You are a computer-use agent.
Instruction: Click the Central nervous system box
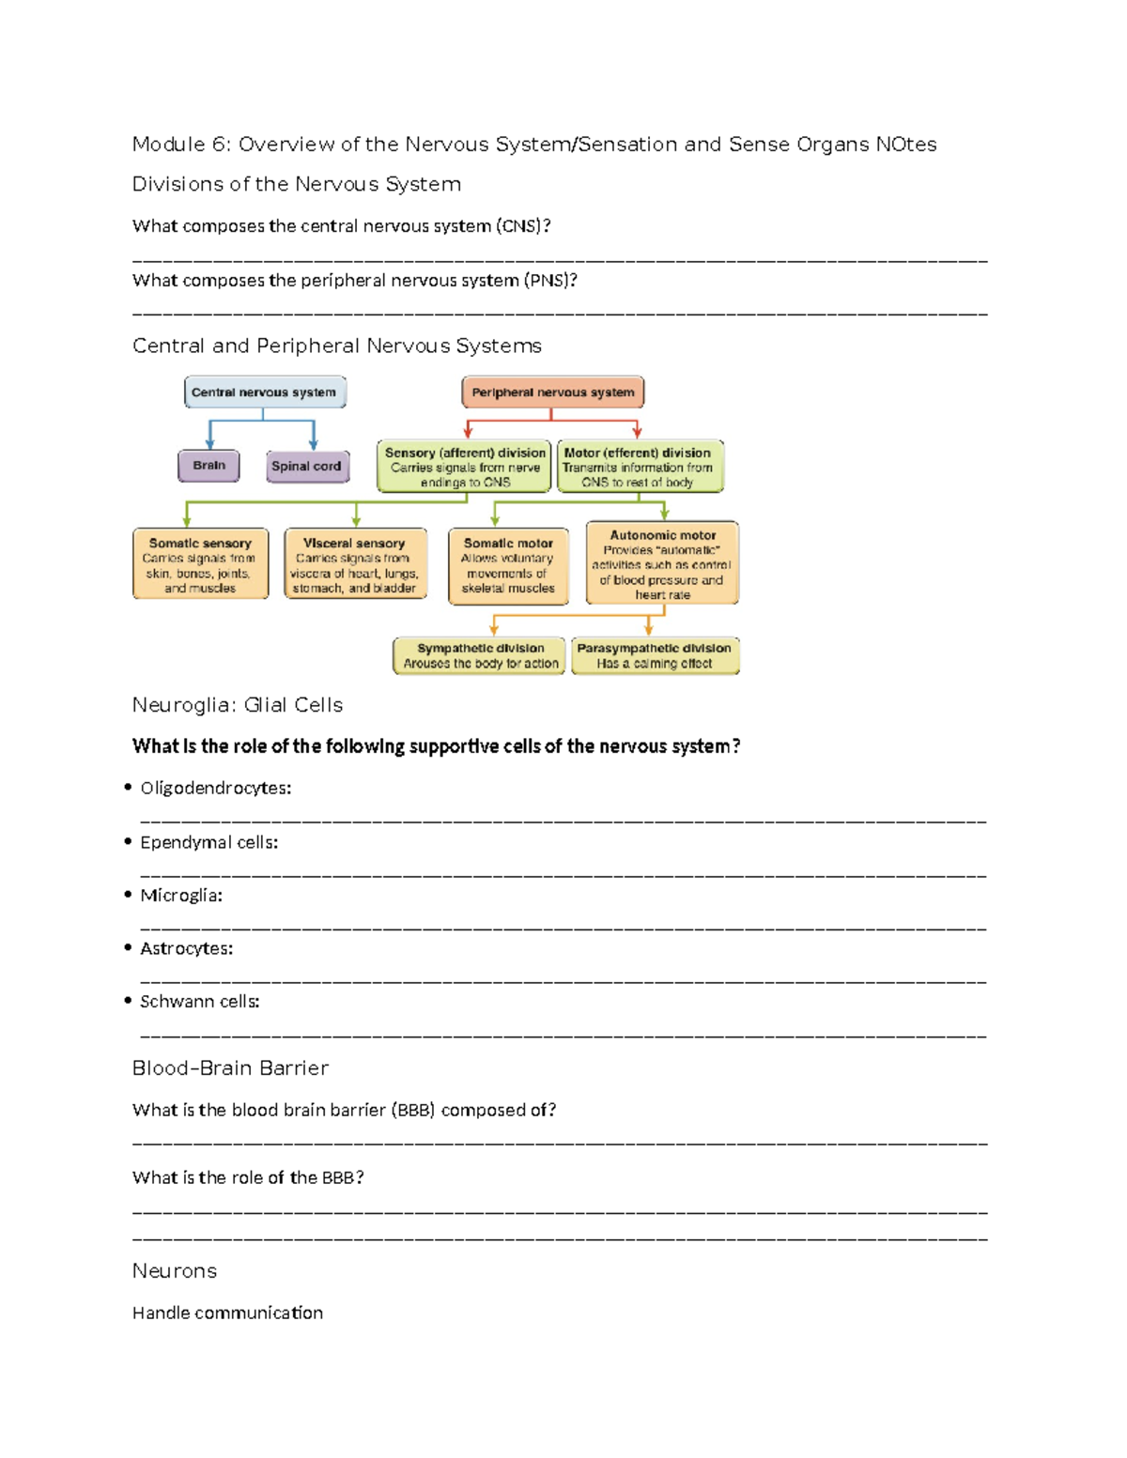264,392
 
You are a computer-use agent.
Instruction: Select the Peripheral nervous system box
552,392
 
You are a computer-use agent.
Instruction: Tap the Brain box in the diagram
208,466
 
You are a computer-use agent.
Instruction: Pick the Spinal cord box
306,467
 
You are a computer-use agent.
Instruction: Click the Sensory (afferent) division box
464,467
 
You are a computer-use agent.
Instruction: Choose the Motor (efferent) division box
640,467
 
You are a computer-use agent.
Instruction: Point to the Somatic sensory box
200,564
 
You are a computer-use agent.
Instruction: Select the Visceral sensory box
354,564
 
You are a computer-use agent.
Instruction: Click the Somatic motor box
508,565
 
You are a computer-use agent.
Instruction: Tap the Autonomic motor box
662,563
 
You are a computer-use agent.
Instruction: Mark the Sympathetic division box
480,655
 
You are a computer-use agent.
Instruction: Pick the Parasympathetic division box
655,655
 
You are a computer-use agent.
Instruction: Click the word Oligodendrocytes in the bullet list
215,789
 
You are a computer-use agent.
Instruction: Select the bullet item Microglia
180,896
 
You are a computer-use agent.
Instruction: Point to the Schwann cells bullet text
199,1002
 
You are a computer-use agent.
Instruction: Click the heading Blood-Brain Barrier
230,1068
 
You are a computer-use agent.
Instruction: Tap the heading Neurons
175,1271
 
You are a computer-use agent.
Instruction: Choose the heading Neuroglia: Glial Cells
238,705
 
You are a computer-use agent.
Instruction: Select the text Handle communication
227,1313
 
